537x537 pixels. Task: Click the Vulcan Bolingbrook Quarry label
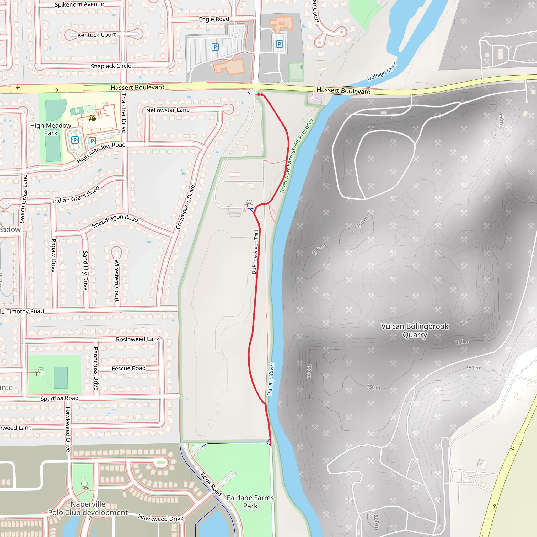(415, 330)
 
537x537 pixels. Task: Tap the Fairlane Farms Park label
(250, 502)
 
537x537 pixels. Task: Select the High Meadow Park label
(51, 129)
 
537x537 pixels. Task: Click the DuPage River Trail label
(255, 252)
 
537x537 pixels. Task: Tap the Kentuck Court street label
(96, 35)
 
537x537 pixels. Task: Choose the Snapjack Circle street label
(111, 66)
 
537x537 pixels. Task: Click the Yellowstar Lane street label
(168, 110)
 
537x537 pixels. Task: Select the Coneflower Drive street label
(185, 207)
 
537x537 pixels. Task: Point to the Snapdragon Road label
(115, 221)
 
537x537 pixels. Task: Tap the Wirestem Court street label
(117, 281)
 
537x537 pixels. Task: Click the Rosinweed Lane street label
(138, 339)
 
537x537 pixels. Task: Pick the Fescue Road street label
(128, 368)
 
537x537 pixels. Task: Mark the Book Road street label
(211, 484)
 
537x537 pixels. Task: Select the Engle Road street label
(214, 19)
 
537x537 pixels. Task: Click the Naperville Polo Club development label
(88, 508)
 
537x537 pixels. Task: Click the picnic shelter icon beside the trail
(249, 203)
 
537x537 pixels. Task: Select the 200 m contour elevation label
(376, 522)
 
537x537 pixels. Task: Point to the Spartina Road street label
(60, 398)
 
